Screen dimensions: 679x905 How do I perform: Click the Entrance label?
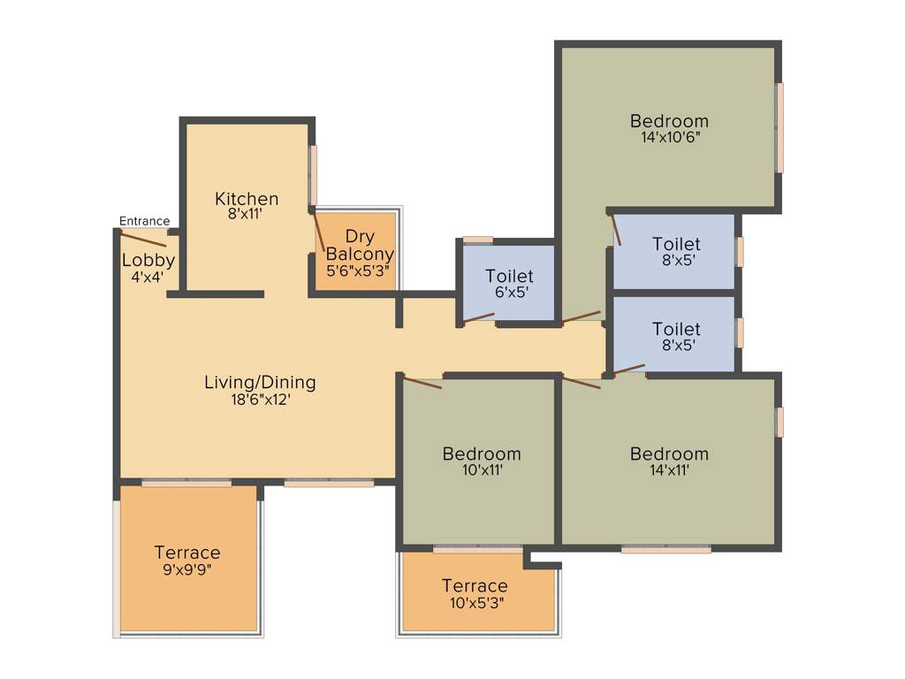tap(144, 221)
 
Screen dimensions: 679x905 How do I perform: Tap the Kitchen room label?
tap(247, 199)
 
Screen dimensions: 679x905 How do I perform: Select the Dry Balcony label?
tap(358, 245)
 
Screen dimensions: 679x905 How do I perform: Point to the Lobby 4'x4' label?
tap(148, 267)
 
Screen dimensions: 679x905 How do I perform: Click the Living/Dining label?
tap(260, 382)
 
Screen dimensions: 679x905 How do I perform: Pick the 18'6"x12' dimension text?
tap(260, 399)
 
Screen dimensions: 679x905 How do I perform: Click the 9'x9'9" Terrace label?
tap(187, 561)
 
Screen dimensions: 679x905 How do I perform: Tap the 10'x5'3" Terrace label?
tap(475, 593)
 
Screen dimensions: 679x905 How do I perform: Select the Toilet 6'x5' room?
tap(509, 283)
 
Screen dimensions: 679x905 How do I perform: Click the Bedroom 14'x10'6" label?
tap(669, 128)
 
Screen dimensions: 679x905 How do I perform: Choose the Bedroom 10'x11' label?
tap(482, 461)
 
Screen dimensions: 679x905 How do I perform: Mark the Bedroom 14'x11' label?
tap(669, 461)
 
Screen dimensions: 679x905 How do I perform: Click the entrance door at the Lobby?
tap(143, 238)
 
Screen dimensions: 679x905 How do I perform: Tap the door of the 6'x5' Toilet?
tap(479, 317)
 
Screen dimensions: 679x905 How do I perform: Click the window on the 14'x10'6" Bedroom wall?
tap(780, 128)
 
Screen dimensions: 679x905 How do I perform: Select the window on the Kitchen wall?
tap(313, 175)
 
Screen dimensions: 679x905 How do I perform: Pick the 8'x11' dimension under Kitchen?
tap(247, 213)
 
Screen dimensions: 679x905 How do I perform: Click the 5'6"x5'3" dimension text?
tap(358, 271)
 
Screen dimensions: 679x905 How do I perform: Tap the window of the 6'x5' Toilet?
tap(478, 239)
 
